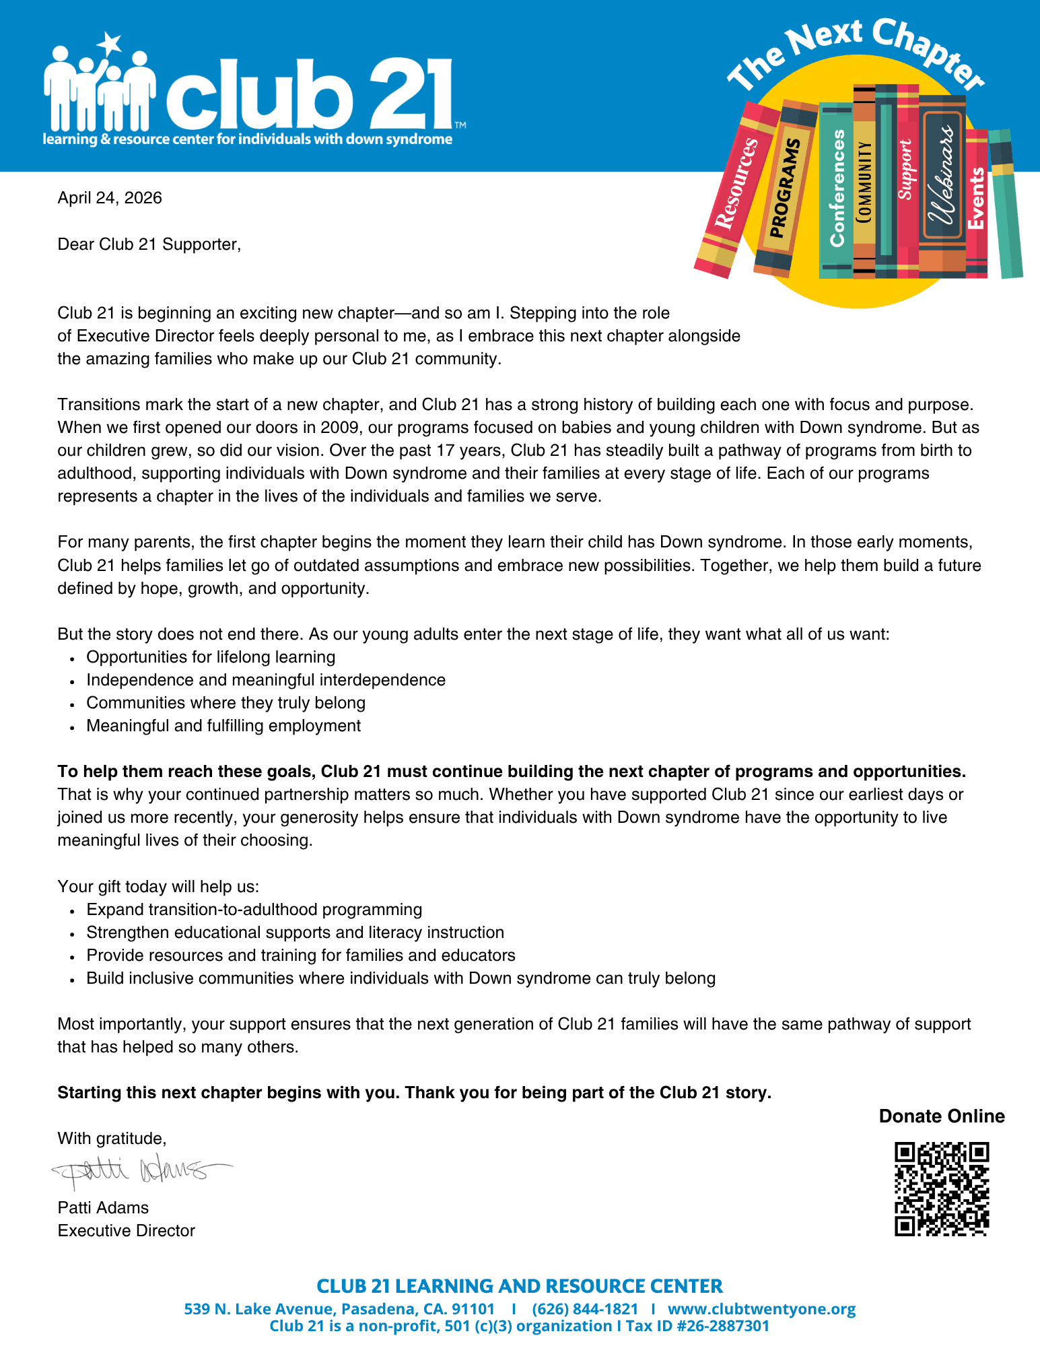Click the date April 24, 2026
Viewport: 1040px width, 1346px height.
pos(110,198)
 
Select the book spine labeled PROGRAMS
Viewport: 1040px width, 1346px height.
pos(785,189)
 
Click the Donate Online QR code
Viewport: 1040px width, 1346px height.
pos(942,1189)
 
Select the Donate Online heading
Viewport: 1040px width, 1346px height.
pos(942,1116)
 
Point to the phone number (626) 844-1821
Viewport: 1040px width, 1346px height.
pos(584,1309)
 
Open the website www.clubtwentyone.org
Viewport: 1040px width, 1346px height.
pos(761,1309)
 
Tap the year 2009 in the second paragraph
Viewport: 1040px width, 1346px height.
pos(339,428)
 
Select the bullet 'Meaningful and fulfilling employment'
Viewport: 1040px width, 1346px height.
pos(223,726)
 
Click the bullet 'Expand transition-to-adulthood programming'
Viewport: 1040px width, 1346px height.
pos(254,910)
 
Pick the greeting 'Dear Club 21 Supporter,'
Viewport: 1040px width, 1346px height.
pos(149,244)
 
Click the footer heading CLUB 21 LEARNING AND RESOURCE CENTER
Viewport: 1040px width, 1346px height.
pos(520,1286)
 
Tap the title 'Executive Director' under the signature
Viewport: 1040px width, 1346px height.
pos(127,1231)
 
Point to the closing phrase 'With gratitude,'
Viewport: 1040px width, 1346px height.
pos(112,1139)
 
